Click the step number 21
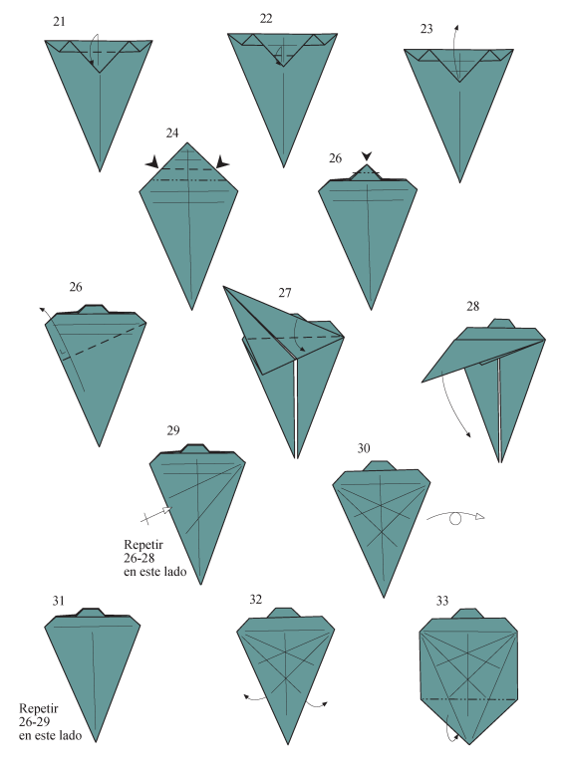tap(61, 21)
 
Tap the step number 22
tap(266, 19)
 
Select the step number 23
tap(426, 29)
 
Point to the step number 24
tap(172, 132)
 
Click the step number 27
tap(285, 293)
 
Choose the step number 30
tap(364, 449)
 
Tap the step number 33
tap(442, 601)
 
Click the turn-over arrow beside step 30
tap(456, 517)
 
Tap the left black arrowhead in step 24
tap(152, 162)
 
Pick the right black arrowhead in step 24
tap(222, 162)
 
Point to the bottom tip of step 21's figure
tap(100, 170)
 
